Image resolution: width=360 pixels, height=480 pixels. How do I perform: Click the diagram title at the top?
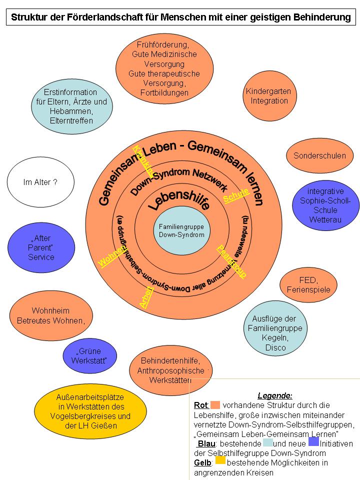(180, 17)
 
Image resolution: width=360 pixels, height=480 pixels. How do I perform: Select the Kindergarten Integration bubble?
(268, 96)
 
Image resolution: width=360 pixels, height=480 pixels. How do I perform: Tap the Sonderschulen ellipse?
(319, 155)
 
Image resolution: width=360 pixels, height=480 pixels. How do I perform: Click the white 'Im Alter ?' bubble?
(40, 182)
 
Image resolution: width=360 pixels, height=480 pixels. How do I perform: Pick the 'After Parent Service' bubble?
(41, 247)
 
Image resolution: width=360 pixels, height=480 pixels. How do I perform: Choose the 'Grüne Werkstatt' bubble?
(89, 356)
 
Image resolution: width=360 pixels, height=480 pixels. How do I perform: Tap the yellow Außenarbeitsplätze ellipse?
(90, 411)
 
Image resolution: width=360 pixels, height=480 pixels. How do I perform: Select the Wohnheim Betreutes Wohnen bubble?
(51, 315)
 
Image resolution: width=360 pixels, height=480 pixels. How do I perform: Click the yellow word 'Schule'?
(236, 195)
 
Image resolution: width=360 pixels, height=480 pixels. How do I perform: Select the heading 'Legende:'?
(275, 395)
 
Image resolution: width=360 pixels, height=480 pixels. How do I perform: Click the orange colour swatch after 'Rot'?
(215, 404)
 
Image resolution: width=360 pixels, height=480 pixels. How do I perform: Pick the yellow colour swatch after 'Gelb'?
(220, 460)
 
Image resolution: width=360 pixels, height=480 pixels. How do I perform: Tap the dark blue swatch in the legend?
(313, 441)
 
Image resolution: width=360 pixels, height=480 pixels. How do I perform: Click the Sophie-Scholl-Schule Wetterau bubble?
(325, 205)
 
